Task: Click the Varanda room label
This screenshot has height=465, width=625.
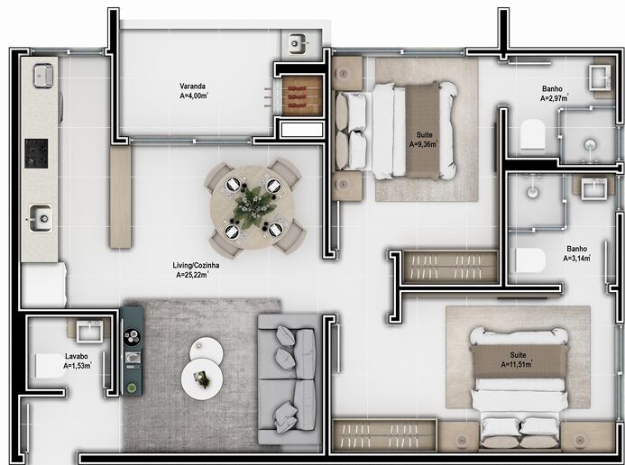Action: point(193,91)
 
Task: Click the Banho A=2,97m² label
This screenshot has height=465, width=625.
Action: point(553,94)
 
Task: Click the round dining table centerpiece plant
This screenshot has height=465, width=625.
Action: point(246,207)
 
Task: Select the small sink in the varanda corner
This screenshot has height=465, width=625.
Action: point(297,42)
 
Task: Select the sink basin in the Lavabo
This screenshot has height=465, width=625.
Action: point(89,332)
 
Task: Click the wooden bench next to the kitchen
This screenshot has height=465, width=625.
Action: point(121,197)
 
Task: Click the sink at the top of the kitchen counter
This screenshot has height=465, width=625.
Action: point(43,75)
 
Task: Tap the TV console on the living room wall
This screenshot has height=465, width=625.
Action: point(132,349)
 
